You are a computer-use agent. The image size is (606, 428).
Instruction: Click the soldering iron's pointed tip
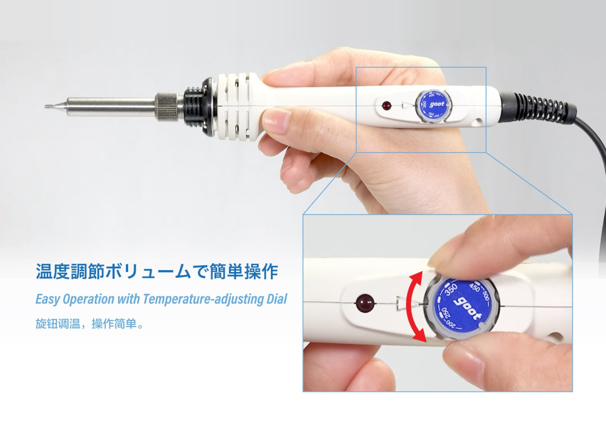click(x=46, y=106)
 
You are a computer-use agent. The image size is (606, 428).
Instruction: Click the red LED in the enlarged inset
click(x=365, y=303)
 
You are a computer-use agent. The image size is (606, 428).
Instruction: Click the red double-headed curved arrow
click(x=414, y=305)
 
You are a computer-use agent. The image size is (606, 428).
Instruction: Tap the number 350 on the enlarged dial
click(x=451, y=290)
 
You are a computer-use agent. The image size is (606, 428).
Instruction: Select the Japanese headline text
click(x=157, y=271)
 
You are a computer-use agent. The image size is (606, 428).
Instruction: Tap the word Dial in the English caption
click(x=277, y=299)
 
